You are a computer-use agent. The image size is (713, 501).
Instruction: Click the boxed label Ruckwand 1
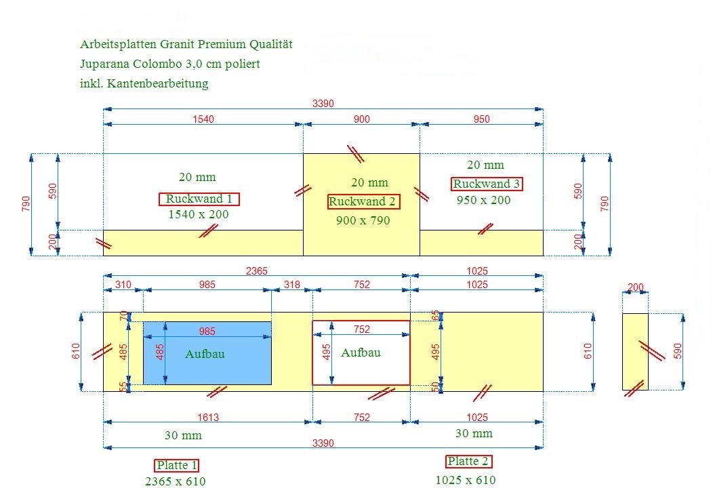click(199, 199)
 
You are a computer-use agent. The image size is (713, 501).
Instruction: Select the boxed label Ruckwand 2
click(363, 201)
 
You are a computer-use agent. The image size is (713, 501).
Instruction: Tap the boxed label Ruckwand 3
click(487, 184)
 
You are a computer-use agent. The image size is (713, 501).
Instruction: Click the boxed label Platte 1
click(176, 466)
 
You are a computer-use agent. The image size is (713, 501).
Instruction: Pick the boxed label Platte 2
click(468, 462)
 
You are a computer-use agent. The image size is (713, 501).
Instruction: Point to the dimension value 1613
click(208, 417)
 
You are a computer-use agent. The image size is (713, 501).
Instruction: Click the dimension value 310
click(123, 285)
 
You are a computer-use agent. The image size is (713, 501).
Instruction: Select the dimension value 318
click(292, 285)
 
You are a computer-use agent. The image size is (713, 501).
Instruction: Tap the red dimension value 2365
click(257, 270)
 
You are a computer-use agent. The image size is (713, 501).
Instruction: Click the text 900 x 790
click(363, 221)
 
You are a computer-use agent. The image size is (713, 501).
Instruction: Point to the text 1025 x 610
click(466, 480)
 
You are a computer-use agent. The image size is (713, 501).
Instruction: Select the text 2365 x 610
click(176, 481)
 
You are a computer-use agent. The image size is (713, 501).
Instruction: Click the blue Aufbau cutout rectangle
click(207, 353)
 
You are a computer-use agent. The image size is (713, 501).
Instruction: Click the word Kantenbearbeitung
click(158, 84)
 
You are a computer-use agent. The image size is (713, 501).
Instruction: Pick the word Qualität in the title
click(271, 44)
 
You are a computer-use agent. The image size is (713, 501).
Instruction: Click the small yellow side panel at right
click(635, 351)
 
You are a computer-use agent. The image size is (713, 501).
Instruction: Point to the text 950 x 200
click(484, 200)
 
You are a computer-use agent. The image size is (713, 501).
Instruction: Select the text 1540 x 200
click(199, 214)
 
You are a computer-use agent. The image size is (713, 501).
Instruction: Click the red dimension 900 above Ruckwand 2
click(362, 119)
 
